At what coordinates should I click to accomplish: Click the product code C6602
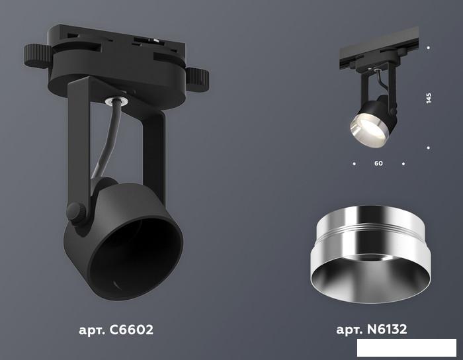click(132, 330)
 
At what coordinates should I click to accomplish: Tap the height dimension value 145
click(429, 98)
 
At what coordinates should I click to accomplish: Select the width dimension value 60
click(378, 163)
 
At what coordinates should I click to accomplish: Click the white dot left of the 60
click(354, 163)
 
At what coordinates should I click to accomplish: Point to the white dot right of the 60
click(403, 163)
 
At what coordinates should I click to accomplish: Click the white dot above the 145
click(428, 47)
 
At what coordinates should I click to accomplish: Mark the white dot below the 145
click(428, 148)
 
